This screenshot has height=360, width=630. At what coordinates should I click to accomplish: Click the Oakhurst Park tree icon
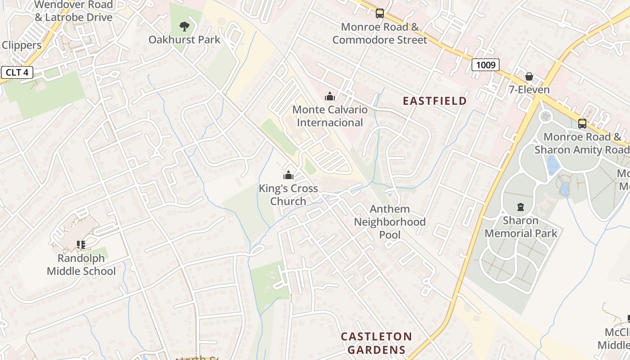click(x=184, y=27)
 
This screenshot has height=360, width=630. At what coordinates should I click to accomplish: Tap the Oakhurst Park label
click(x=184, y=40)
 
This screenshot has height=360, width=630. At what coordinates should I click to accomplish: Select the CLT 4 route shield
click(x=17, y=72)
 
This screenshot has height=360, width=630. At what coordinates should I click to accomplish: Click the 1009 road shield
click(x=486, y=65)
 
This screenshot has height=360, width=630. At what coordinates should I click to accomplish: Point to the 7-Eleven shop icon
click(x=529, y=76)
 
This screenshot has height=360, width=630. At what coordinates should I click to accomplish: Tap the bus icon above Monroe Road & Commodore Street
click(x=380, y=13)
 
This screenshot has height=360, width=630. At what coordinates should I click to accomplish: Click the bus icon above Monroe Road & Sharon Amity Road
click(x=582, y=123)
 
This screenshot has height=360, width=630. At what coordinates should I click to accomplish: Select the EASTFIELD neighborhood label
click(x=435, y=101)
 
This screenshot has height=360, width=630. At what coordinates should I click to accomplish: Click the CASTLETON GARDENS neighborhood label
click(x=376, y=343)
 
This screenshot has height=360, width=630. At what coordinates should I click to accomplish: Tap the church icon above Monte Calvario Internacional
click(x=330, y=96)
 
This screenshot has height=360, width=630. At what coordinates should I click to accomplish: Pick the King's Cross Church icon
click(x=288, y=175)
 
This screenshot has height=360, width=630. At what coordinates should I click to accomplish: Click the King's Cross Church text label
click(x=288, y=195)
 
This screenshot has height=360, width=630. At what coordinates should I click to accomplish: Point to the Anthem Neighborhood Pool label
click(x=390, y=222)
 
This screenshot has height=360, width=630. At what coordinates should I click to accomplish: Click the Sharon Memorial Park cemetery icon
click(x=521, y=207)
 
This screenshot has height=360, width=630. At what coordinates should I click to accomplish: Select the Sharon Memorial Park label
click(x=521, y=227)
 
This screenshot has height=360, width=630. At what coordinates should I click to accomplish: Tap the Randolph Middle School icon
click(x=81, y=245)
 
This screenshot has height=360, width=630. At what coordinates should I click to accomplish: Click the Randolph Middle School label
click(x=81, y=265)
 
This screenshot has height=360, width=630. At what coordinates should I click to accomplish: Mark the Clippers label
click(x=22, y=45)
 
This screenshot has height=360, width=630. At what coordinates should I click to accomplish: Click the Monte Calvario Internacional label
click(x=330, y=116)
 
